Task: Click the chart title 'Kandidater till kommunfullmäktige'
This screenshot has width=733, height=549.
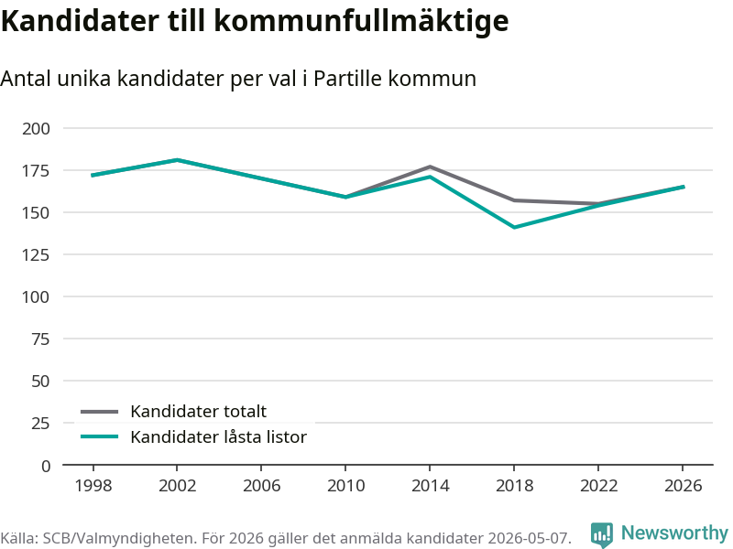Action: [255, 21]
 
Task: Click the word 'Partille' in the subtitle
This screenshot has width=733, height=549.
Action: [348, 79]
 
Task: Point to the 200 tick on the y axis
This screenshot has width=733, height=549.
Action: [36, 128]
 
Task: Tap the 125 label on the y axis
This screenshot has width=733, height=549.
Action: [36, 255]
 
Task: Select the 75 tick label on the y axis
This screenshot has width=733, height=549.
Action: [40, 339]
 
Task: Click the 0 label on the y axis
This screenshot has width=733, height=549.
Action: [45, 466]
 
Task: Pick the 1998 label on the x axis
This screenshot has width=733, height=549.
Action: [93, 486]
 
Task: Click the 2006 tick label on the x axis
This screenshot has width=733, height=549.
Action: [261, 486]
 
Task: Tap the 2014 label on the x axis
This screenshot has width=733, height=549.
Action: [430, 486]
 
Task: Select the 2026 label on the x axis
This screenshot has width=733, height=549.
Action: [683, 486]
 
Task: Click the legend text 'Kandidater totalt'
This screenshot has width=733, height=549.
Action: [198, 411]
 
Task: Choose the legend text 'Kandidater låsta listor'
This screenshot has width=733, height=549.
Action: [218, 437]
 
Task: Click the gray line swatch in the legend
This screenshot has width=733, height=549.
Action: [100, 412]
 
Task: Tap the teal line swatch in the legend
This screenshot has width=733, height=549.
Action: [100, 437]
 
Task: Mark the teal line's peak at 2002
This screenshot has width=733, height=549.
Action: [177, 160]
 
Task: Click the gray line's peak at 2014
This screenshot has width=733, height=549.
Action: [430, 167]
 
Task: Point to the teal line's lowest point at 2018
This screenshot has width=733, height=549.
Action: [514, 227]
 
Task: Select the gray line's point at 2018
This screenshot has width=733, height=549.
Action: [514, 200]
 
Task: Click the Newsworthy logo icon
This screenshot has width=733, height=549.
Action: [602, 534]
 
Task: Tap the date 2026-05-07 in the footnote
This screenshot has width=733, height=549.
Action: [529, 538]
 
